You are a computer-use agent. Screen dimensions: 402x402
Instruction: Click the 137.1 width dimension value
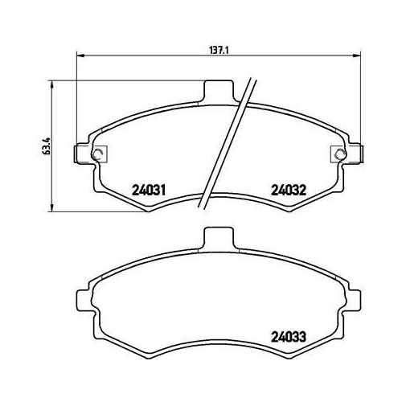219,51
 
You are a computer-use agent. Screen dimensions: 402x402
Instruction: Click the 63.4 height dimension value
47,146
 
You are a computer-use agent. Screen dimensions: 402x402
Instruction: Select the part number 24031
150,191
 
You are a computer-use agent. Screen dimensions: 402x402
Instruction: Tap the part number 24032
289,191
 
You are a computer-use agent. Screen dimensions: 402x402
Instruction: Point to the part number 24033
289,337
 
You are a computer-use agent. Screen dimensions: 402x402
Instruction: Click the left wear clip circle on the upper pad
96,154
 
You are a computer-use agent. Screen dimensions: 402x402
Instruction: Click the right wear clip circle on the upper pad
341,154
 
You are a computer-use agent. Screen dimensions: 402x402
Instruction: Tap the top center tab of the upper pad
219,91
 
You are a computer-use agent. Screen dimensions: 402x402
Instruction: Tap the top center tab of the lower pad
219,238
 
